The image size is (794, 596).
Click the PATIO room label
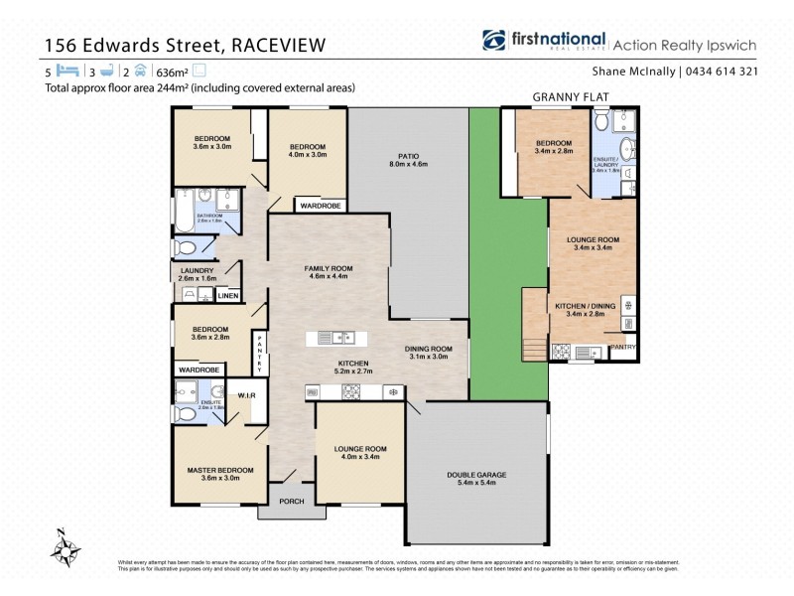tap(408, 157)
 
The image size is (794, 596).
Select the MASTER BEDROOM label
tap(220, 470)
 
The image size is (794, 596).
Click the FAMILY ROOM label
tap(328, 269)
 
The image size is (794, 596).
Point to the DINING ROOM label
tap(429, 349)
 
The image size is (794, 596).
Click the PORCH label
tap(291, 500)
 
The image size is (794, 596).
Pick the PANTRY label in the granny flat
tap(622, 347)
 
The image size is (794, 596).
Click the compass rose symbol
tap(67, 545)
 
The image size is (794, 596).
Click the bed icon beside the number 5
tap(66, 72)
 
